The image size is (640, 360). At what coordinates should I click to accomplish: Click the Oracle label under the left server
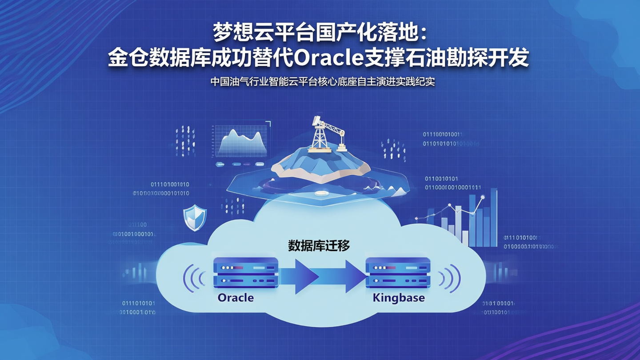point(236,297)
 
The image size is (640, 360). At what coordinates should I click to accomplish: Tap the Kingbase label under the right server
point(399,297)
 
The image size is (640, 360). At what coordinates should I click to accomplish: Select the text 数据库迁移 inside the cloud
point(319,245)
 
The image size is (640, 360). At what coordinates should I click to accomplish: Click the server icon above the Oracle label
point(245,272)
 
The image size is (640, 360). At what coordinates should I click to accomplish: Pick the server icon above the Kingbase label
point(398,272)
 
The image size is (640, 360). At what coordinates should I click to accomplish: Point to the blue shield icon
point(195,218)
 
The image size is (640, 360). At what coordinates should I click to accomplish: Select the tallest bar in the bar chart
point(493,218)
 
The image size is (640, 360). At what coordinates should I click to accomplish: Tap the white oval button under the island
point(320,193)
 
